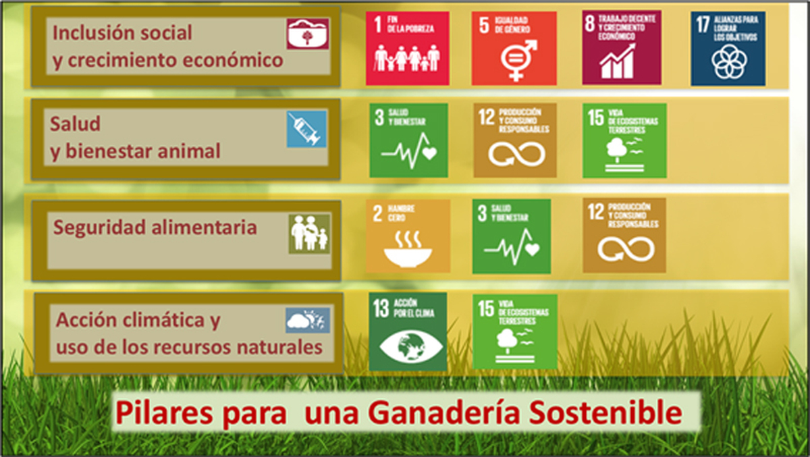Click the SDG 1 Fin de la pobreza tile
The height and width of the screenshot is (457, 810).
click(x=408, y=49)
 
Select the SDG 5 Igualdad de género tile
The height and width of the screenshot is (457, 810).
click(x=514, y=49)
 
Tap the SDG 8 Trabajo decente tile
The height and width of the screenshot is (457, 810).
click(x=622, y=47)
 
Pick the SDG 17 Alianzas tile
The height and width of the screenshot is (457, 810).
click(x=728, y=49)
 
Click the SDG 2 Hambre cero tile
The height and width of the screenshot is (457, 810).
click(x=408, y=236)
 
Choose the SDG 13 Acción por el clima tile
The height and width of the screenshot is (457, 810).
click(x=408, y=331)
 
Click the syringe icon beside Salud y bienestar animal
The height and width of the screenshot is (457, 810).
click(x=306, y=129)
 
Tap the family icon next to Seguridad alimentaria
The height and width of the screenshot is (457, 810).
click(x=309, y=234)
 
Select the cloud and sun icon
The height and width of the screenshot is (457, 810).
click(x=308, y=321)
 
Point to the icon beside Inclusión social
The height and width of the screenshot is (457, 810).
click(x=308, y=34)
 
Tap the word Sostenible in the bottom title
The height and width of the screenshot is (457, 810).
click(x=605, y=412)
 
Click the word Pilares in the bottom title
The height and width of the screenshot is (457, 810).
click(x=164, y=413)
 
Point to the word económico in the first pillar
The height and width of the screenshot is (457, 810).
click(x=232, y=60)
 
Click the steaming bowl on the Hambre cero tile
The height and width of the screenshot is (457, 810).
click(x=408, y=250)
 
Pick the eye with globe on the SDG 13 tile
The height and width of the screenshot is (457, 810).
click(x=411, y=346)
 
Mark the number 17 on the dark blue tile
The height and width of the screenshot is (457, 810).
click(x=703, y=24)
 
